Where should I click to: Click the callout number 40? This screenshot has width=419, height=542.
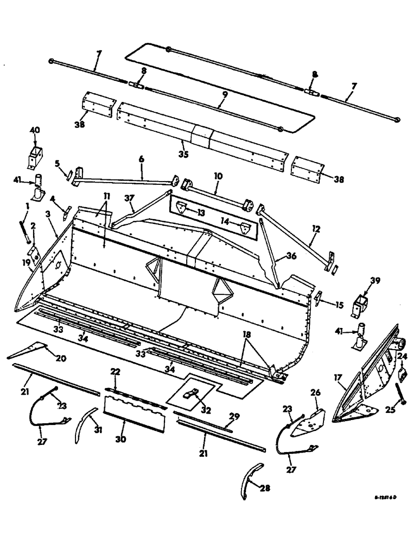(x=35, y=130)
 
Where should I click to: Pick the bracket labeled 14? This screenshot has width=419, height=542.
(x=246, y=228)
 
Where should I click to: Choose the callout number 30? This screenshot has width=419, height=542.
(x=120, y=440)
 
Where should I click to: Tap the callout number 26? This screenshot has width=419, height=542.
(x=315, y=391)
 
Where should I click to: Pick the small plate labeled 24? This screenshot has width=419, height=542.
(x=403, y=375)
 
